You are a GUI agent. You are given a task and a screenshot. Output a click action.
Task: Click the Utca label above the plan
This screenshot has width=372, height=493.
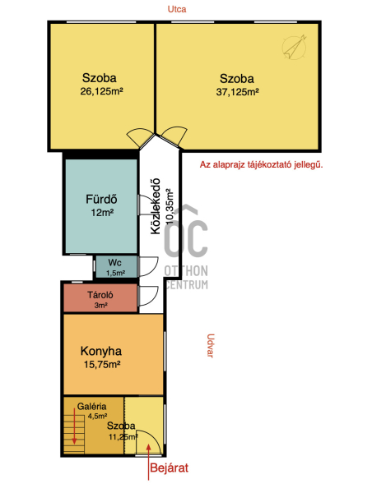pyautogui.click(x=177, y=9)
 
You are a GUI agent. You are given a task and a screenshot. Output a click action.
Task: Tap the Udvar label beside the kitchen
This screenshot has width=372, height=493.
pyautogui.click(x=210, y=346)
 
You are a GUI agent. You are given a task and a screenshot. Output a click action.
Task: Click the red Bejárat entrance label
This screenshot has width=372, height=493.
pyautogui.click(x=170, y=468)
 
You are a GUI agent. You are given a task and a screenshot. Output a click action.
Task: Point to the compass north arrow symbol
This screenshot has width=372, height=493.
pyautogui.click(x=295, y=47)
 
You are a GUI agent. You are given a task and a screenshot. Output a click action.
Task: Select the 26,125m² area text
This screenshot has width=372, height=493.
pyautogui.click(x=101, y=91)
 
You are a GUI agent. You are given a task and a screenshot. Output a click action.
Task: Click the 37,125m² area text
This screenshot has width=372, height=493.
pyautogui.click(x=238, y=92)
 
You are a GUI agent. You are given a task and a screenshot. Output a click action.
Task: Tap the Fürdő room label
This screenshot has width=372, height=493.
pyautogui.click(x=101, y=199)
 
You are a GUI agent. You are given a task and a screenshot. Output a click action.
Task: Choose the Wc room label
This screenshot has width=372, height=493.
pyautogui.click(x=114, y=263)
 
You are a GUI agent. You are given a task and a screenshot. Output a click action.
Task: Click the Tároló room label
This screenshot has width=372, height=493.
pyautogui.click(x=100, y=295)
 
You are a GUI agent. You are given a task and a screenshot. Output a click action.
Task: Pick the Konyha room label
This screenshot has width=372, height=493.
pyautogui.click(x=101, y=351)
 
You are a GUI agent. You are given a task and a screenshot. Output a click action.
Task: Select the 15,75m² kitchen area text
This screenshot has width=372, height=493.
pyautogui.click(x=102, y=364)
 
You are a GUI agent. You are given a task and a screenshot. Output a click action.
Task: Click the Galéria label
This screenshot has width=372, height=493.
pyautogui.click(x=91, y=406)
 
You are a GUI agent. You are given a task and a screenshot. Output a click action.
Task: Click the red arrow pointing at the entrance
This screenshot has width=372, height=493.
pyautogui.click(x=148, y=462)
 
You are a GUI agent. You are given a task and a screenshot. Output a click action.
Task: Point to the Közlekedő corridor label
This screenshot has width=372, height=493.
pyautogui.click(x=156, y=206)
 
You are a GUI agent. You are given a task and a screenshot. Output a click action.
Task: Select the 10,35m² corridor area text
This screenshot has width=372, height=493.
pyautogui.click(x=170, y=206)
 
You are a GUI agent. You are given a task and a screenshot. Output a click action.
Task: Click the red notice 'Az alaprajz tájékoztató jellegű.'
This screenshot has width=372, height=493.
pyautogui.click(x=261, y=165)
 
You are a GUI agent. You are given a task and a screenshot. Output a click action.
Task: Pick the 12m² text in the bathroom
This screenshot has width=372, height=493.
pyautogui.click(x=102, y=213)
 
